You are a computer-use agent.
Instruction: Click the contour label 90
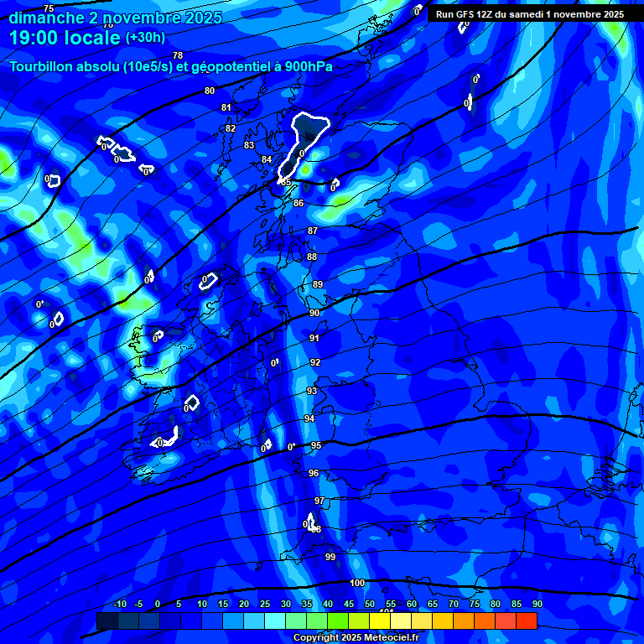[x=314, y=313]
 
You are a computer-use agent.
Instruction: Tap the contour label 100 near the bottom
[x=357, y=583]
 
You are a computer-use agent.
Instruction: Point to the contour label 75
[x=49, y=8]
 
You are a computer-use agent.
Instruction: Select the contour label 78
[x=178, y=55]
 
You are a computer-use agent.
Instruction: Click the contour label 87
[x=313, y=231]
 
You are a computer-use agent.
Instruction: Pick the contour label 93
[x=312, y=391]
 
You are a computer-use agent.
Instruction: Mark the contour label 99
[x=330, y=557]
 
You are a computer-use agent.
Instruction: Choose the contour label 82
[x=231, y=128]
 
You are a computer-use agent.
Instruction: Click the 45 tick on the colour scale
[x=349, y=605]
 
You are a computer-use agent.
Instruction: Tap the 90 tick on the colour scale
[x=537, y=605]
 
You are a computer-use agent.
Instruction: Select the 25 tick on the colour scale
[x=265, y=605]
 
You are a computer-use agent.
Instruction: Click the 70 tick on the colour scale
[x=454, y=605]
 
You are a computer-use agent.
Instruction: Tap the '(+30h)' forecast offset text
[x=145, y=37]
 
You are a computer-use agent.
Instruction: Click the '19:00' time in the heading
[x=34, y=38]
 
